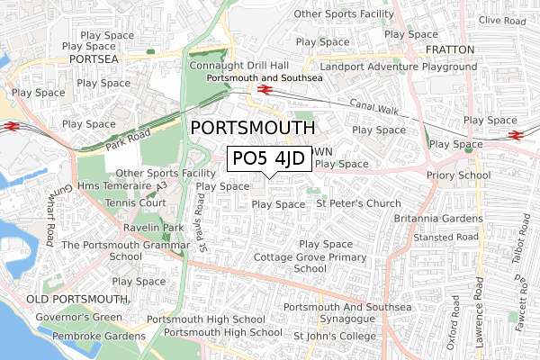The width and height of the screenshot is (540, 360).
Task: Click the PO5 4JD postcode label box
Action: (269, 160)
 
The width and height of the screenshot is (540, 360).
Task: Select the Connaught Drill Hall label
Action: (239, 66)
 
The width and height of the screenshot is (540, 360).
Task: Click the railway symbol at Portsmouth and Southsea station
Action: (265, 89)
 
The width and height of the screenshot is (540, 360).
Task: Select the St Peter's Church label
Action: (358, 203)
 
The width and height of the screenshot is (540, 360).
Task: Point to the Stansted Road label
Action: (444, 238)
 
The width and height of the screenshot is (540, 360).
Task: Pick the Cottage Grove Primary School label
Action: (310, 262)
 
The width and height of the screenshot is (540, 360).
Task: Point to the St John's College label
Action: (335, 337)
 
